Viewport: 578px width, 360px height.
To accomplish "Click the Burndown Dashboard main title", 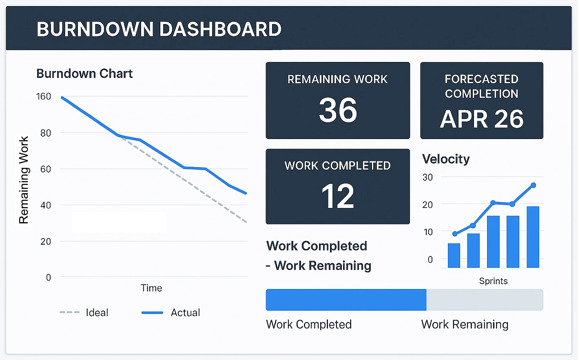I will (159, 29).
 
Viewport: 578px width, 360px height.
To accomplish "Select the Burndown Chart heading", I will (84, 74).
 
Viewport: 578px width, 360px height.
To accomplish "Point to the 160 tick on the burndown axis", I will (43, 97).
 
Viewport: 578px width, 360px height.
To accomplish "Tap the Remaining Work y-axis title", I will (24, 180).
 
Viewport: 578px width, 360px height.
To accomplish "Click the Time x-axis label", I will (151, 288).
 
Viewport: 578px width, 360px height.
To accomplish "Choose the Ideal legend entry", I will (97, 313).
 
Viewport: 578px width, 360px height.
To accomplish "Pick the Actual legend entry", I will (185, 313).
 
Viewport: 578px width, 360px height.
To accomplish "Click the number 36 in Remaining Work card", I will (338, 110).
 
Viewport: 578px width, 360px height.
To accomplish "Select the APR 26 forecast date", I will (481, 119).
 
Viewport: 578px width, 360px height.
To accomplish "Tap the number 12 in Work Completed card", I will (338, 197).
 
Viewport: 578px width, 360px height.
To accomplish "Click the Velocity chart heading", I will (446, 159).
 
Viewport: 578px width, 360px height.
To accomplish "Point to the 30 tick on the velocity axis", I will (427, 177).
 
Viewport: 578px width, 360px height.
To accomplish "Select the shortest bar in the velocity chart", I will (454, 255).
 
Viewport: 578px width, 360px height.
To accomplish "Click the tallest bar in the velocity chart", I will (533, 237).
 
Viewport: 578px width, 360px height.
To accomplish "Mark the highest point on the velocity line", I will (533, 186).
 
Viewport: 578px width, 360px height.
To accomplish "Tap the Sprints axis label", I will (493, 281).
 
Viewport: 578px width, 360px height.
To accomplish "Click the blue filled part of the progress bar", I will (346, 300).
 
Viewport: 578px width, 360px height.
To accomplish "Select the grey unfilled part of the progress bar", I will (485, 300).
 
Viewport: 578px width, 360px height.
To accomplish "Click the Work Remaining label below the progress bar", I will (465, 325).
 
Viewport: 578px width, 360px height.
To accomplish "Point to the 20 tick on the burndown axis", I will (46, 241).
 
